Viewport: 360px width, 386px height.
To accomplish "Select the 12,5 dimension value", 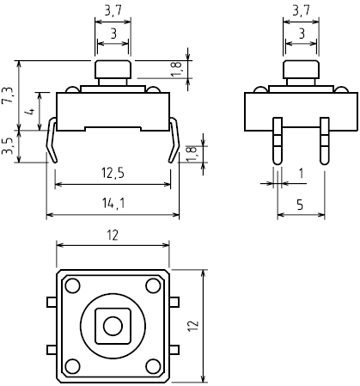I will (112, 174).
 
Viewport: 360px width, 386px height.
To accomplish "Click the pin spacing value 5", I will (300, 205).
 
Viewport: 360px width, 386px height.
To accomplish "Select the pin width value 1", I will (300, 174).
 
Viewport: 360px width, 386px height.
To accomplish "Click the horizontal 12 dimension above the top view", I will (112, 234).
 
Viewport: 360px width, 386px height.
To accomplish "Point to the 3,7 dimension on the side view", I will (300, 11).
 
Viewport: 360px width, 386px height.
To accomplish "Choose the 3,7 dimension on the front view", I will (112, 11).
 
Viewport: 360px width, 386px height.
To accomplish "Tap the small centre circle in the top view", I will (112, 325).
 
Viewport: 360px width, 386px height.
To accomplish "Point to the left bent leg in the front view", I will (53, 141).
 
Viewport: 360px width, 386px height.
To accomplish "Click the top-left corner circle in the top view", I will (71, 285).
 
